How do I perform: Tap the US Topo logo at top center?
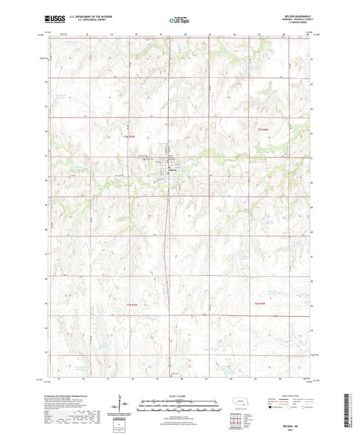click(176, 21)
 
